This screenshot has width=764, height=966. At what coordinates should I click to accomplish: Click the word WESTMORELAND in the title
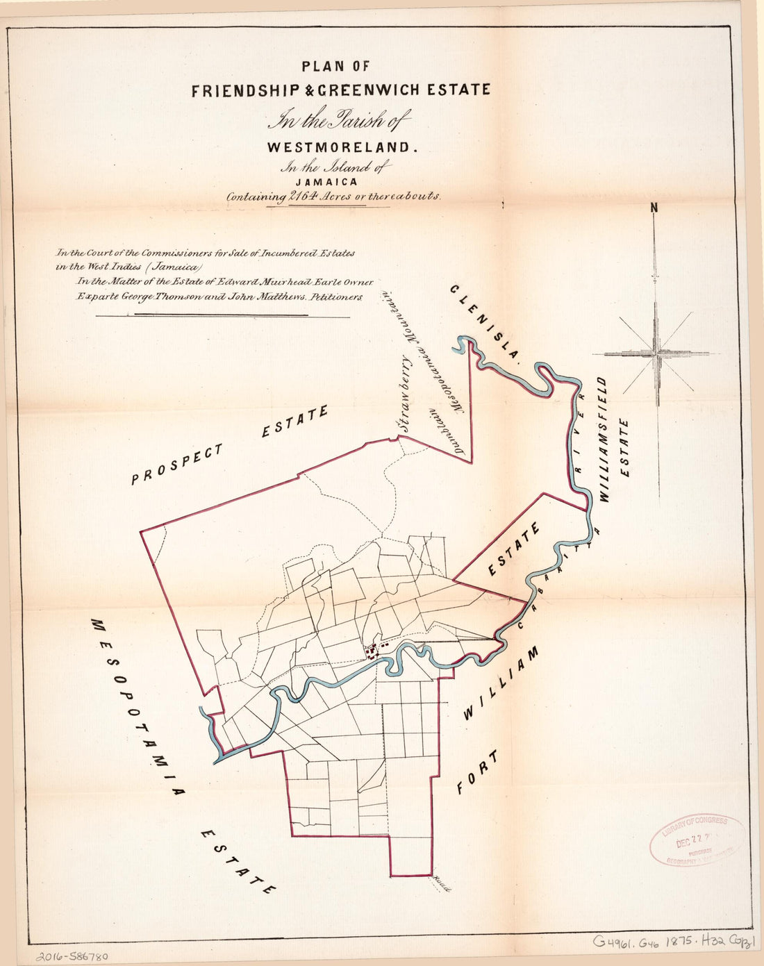(x=340, y=147)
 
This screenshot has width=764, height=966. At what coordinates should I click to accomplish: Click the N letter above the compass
(x=654, y=207)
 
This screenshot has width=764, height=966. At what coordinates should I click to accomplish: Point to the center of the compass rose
(x=656, y=353)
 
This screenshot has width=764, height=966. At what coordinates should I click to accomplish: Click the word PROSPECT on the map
(x=178, y=463)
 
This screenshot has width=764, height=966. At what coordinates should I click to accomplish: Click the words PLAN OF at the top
(x=335, y=67)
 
